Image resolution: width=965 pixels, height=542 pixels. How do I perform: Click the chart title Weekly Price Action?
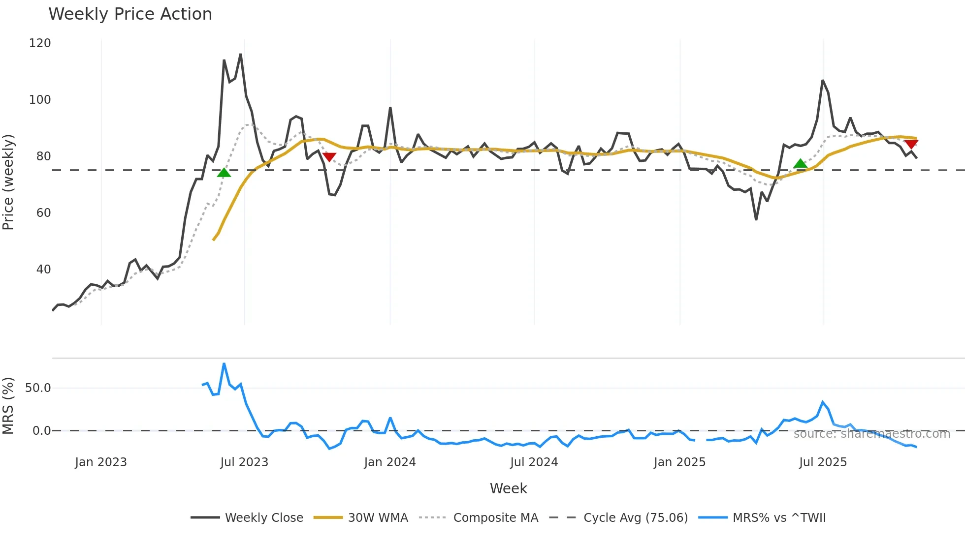coord(130,14)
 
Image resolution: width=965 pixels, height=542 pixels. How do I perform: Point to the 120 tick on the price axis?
coord(40,43)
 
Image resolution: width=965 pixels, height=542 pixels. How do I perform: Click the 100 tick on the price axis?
coord(40,100)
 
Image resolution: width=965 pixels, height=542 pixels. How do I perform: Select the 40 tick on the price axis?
coord(43,270)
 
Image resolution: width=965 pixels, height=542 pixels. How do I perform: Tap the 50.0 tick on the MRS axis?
coord(38,388)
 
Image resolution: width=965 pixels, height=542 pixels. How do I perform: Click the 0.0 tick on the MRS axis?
coord(41,431)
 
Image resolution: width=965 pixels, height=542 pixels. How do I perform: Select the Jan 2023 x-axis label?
coord(101,462)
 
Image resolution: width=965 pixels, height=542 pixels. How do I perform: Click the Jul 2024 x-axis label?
coord(534,462)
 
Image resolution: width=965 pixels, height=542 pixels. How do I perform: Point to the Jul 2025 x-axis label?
coord(823,462)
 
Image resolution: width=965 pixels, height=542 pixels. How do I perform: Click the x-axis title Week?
coord(508,488)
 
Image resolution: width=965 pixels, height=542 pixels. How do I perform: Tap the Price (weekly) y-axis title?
coord(8,182)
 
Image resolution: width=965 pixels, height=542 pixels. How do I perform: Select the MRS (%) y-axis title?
coord(8,406)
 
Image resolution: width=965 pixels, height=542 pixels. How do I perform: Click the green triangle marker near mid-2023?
coord(224,173)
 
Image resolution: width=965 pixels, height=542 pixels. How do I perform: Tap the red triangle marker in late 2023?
coord(329,157)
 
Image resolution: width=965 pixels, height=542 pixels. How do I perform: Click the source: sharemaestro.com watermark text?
coord(871,434)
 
